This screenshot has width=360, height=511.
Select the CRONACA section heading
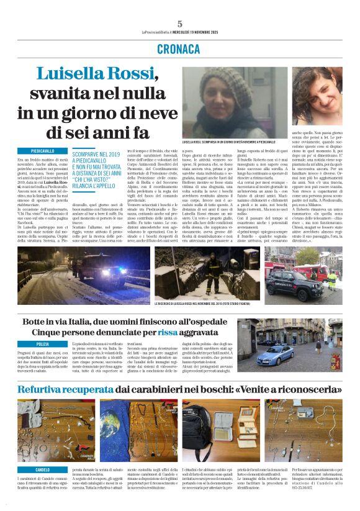[x=179, y=48]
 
